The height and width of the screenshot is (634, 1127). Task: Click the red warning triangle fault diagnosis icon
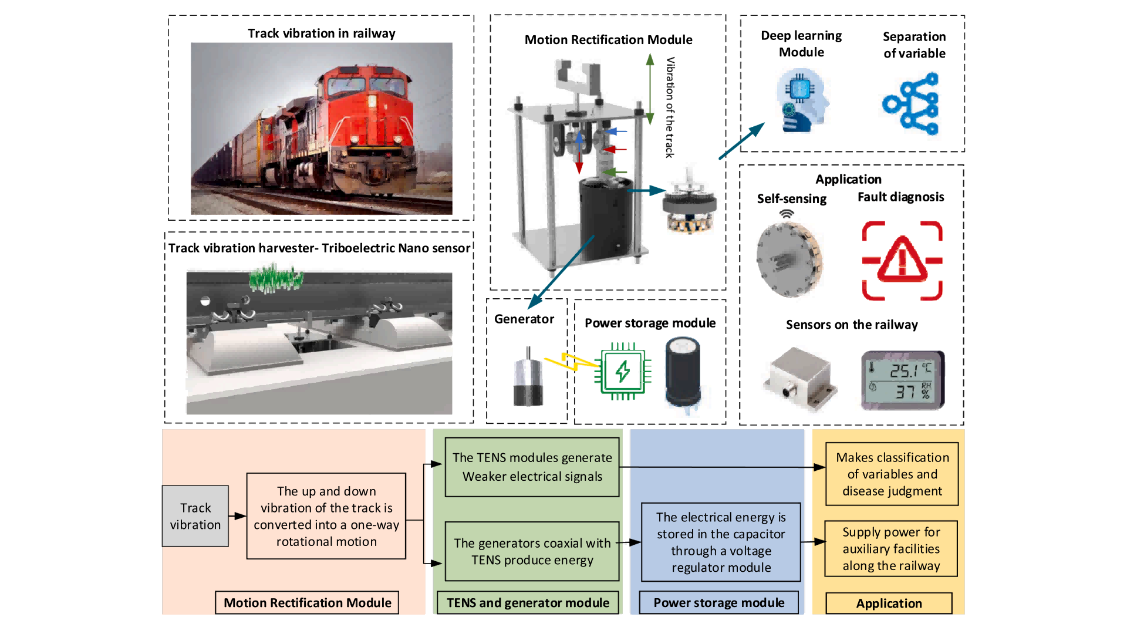pos(902,260)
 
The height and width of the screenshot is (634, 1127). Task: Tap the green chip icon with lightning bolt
pos(622,371)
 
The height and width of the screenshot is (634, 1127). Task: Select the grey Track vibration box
pos(195,516)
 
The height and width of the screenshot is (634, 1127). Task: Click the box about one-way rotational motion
pos(326,516)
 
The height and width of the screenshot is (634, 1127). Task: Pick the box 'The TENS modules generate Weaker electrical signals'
pos(532,467)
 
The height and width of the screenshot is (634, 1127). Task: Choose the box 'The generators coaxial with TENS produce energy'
pos(532,551)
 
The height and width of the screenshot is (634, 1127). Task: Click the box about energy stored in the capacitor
pos(721,542)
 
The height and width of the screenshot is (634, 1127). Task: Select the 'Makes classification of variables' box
pos(892,474)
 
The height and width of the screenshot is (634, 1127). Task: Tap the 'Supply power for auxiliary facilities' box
pos(891,549)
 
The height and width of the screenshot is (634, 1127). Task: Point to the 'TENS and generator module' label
pos(528,603)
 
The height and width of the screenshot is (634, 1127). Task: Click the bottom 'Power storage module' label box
pos(718,603)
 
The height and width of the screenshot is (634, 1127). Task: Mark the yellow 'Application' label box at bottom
pos(889,603)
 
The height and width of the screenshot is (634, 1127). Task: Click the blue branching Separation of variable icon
pos(912,104)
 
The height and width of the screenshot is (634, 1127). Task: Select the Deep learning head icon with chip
pos(801,100)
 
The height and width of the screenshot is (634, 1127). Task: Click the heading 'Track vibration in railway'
pos(321,33)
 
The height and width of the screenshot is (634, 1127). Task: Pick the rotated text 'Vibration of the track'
pos(670,107)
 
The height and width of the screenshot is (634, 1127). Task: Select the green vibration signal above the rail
pos(275,279)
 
